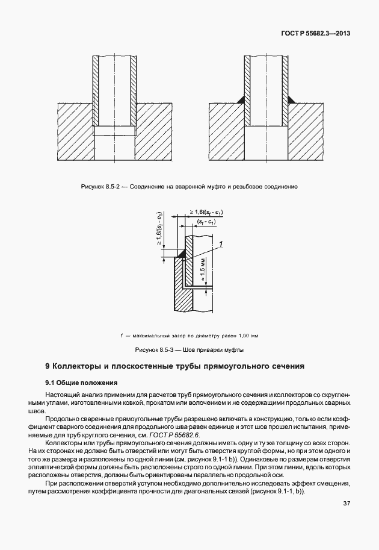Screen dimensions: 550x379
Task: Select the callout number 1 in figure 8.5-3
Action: [221, 243]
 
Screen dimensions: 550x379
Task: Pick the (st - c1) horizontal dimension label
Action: [206, 223]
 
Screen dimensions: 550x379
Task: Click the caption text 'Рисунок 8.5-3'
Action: [155, 350]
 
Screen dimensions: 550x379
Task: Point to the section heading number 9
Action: [48, 366]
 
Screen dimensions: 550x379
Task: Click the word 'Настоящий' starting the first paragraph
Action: [63, 394]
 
